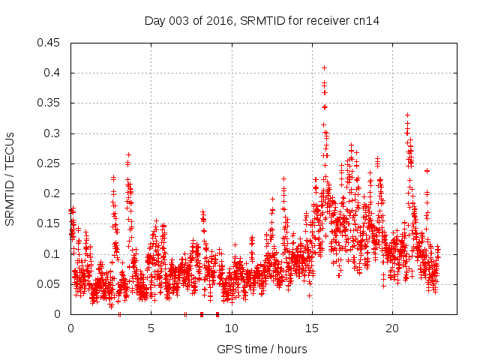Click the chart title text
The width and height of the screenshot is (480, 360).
coord(262,21)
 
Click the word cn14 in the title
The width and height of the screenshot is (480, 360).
coord(367,21)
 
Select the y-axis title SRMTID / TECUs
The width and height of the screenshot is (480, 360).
coord(10,178)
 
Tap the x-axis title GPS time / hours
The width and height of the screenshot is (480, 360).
coord(262,349)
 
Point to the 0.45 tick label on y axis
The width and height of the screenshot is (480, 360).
coord(49,43)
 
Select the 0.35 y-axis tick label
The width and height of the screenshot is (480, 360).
coord(49,103)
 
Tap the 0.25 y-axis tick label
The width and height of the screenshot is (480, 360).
coord(49,163)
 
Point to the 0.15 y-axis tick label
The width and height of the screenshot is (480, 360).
coord(49,223)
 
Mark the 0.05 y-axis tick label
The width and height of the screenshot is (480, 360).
coord(49,284)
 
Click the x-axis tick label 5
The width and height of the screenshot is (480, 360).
coord(151,328)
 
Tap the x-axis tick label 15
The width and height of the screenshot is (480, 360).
coord(311,328)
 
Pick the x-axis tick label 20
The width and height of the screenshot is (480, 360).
coord(391,328)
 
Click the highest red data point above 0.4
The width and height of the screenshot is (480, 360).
coord(324,67)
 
